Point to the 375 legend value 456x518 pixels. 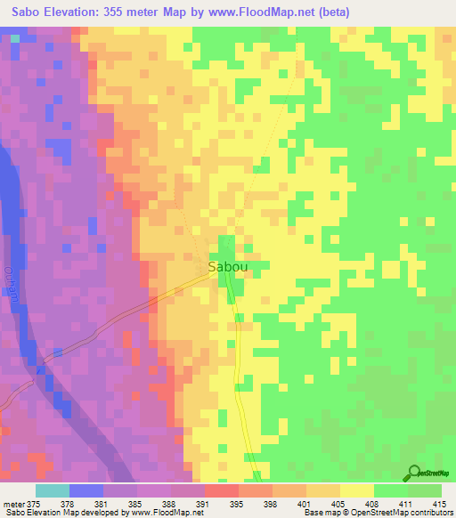(34, 503)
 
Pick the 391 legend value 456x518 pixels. (203, 503)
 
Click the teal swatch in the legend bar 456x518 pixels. (52, 490)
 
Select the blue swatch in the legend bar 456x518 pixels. (85, 490)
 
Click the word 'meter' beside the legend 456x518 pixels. (12, 503)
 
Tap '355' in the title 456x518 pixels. (122, 12)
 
